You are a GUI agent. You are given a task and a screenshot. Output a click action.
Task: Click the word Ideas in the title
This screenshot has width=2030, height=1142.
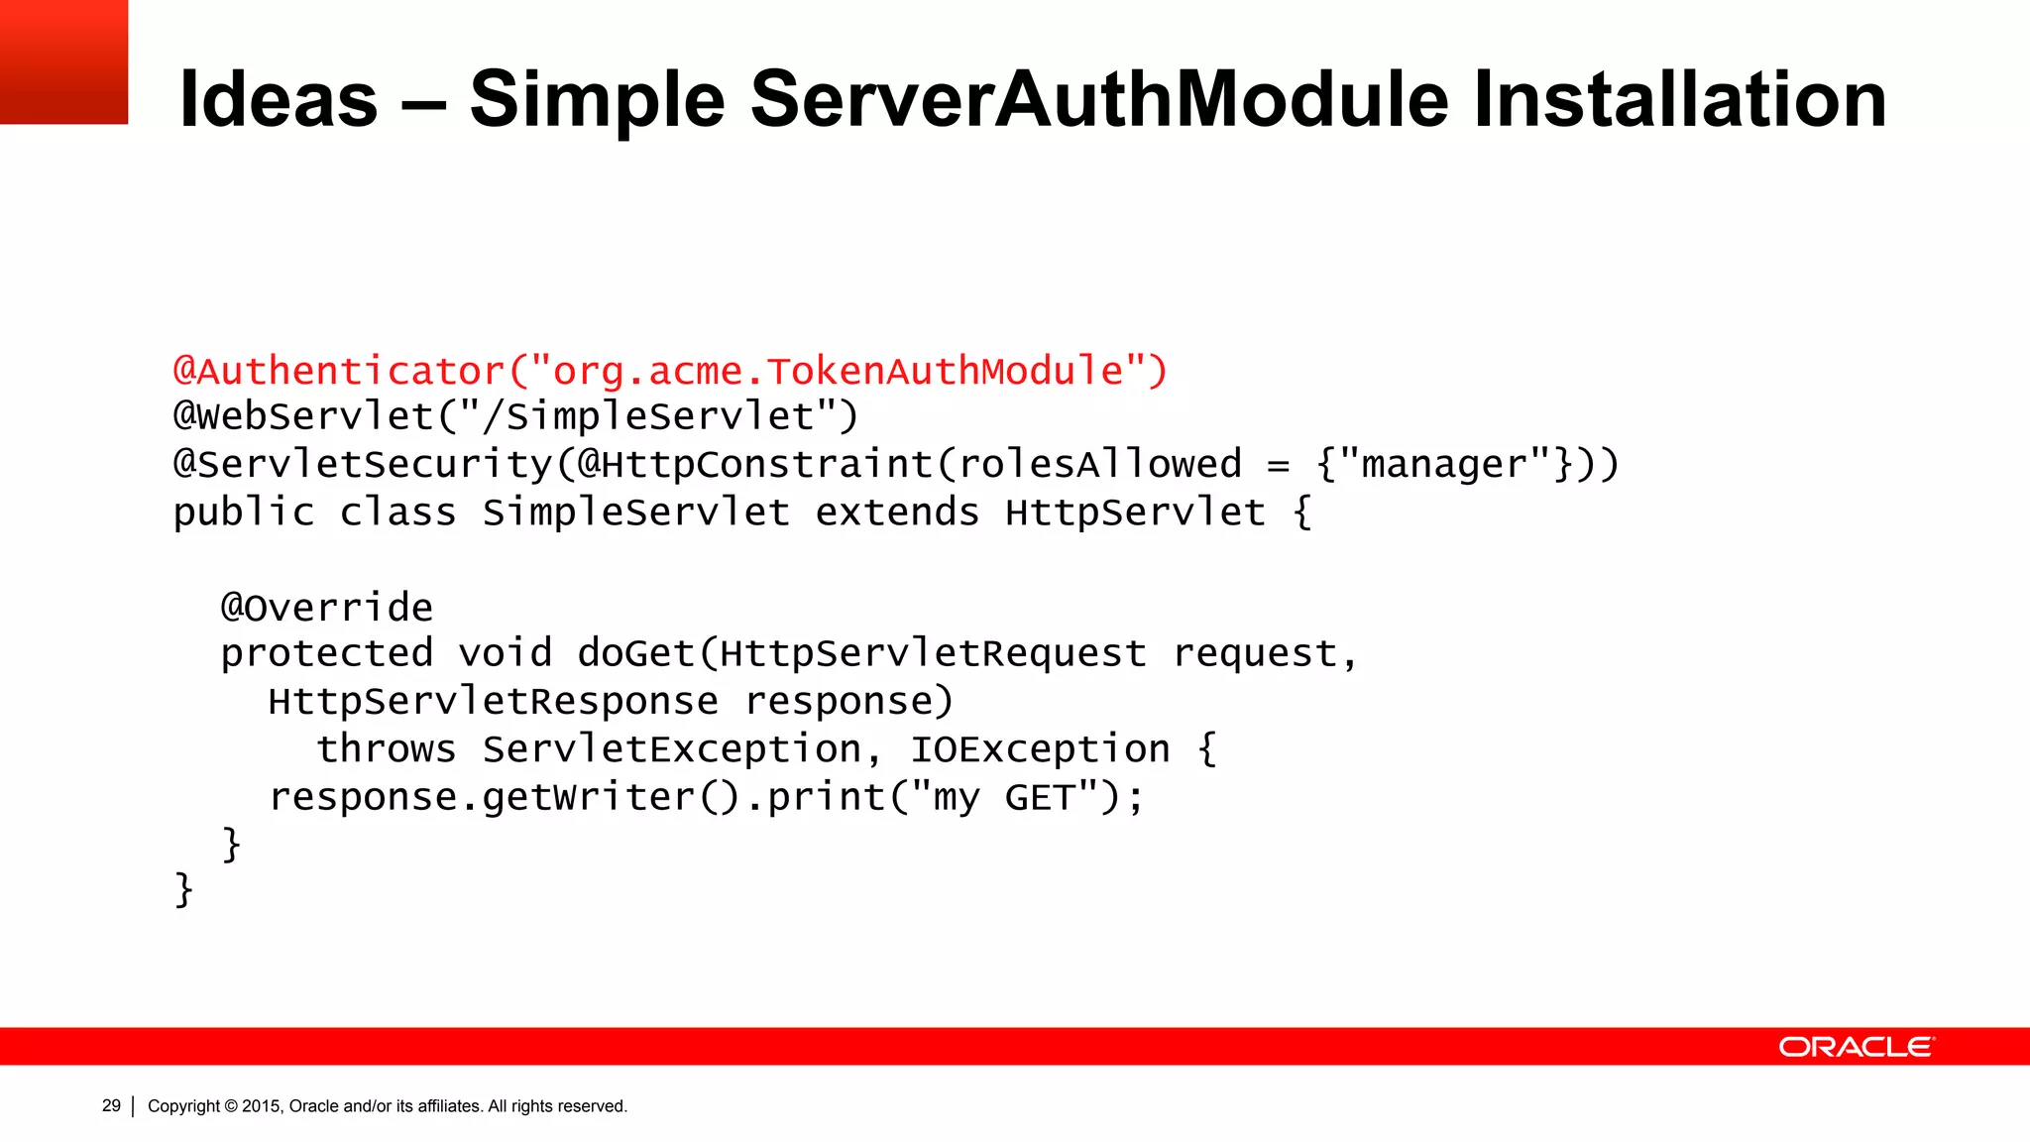point(279,99)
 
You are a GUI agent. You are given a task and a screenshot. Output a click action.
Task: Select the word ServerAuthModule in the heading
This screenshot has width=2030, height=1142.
point(1099,99)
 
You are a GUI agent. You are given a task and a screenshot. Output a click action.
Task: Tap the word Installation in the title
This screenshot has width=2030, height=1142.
point(1679,99)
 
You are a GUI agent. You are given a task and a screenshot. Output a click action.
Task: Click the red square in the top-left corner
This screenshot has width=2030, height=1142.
point(63,61)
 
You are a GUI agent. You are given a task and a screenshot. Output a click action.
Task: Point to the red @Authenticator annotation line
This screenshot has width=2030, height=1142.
point(670,371)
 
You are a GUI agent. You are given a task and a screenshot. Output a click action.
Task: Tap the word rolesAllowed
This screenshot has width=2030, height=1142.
point(1099,464)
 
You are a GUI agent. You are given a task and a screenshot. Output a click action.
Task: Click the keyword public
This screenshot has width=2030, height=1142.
point(244,513)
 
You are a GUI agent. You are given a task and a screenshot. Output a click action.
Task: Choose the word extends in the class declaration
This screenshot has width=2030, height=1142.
point(897,513)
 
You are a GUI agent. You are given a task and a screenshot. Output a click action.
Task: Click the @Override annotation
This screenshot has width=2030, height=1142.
point(327,607)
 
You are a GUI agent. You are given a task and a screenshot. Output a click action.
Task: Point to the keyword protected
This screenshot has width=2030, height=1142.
point(327,654)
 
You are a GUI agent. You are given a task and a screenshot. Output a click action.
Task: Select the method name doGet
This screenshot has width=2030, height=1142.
point(635,654)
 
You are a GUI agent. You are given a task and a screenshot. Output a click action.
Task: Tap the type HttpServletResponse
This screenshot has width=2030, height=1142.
point(493,702)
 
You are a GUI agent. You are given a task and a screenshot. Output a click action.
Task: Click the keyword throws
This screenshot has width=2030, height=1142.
point(387,749)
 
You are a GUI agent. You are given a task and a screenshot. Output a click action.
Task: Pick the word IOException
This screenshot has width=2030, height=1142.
point(1040,749)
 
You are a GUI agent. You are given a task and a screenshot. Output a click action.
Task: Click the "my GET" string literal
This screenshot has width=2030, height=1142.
point(1004,797)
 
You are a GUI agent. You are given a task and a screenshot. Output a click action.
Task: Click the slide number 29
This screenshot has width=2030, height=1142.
point(111,1105)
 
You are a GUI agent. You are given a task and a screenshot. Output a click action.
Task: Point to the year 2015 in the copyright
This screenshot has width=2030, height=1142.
point(262,1106)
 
